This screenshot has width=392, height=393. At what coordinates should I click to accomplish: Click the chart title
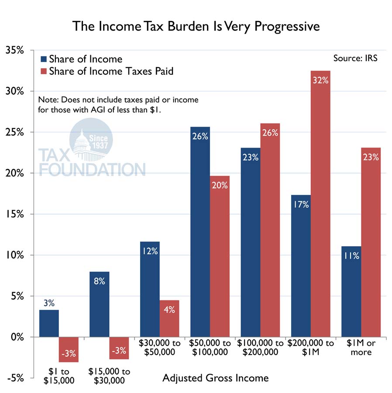[196, 26]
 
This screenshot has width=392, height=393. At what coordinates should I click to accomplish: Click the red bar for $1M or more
[371, 242]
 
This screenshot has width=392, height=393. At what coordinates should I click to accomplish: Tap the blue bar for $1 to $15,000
[49, 324]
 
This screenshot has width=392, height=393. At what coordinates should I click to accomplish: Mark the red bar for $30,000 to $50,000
[169, 318]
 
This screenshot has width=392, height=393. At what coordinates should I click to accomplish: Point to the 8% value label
[99, 281]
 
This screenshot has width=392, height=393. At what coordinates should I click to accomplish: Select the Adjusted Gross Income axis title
[215, 378]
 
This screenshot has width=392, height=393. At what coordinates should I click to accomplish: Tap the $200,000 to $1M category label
[310, 348]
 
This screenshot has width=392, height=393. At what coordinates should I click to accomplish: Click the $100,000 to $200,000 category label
[261, 348]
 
